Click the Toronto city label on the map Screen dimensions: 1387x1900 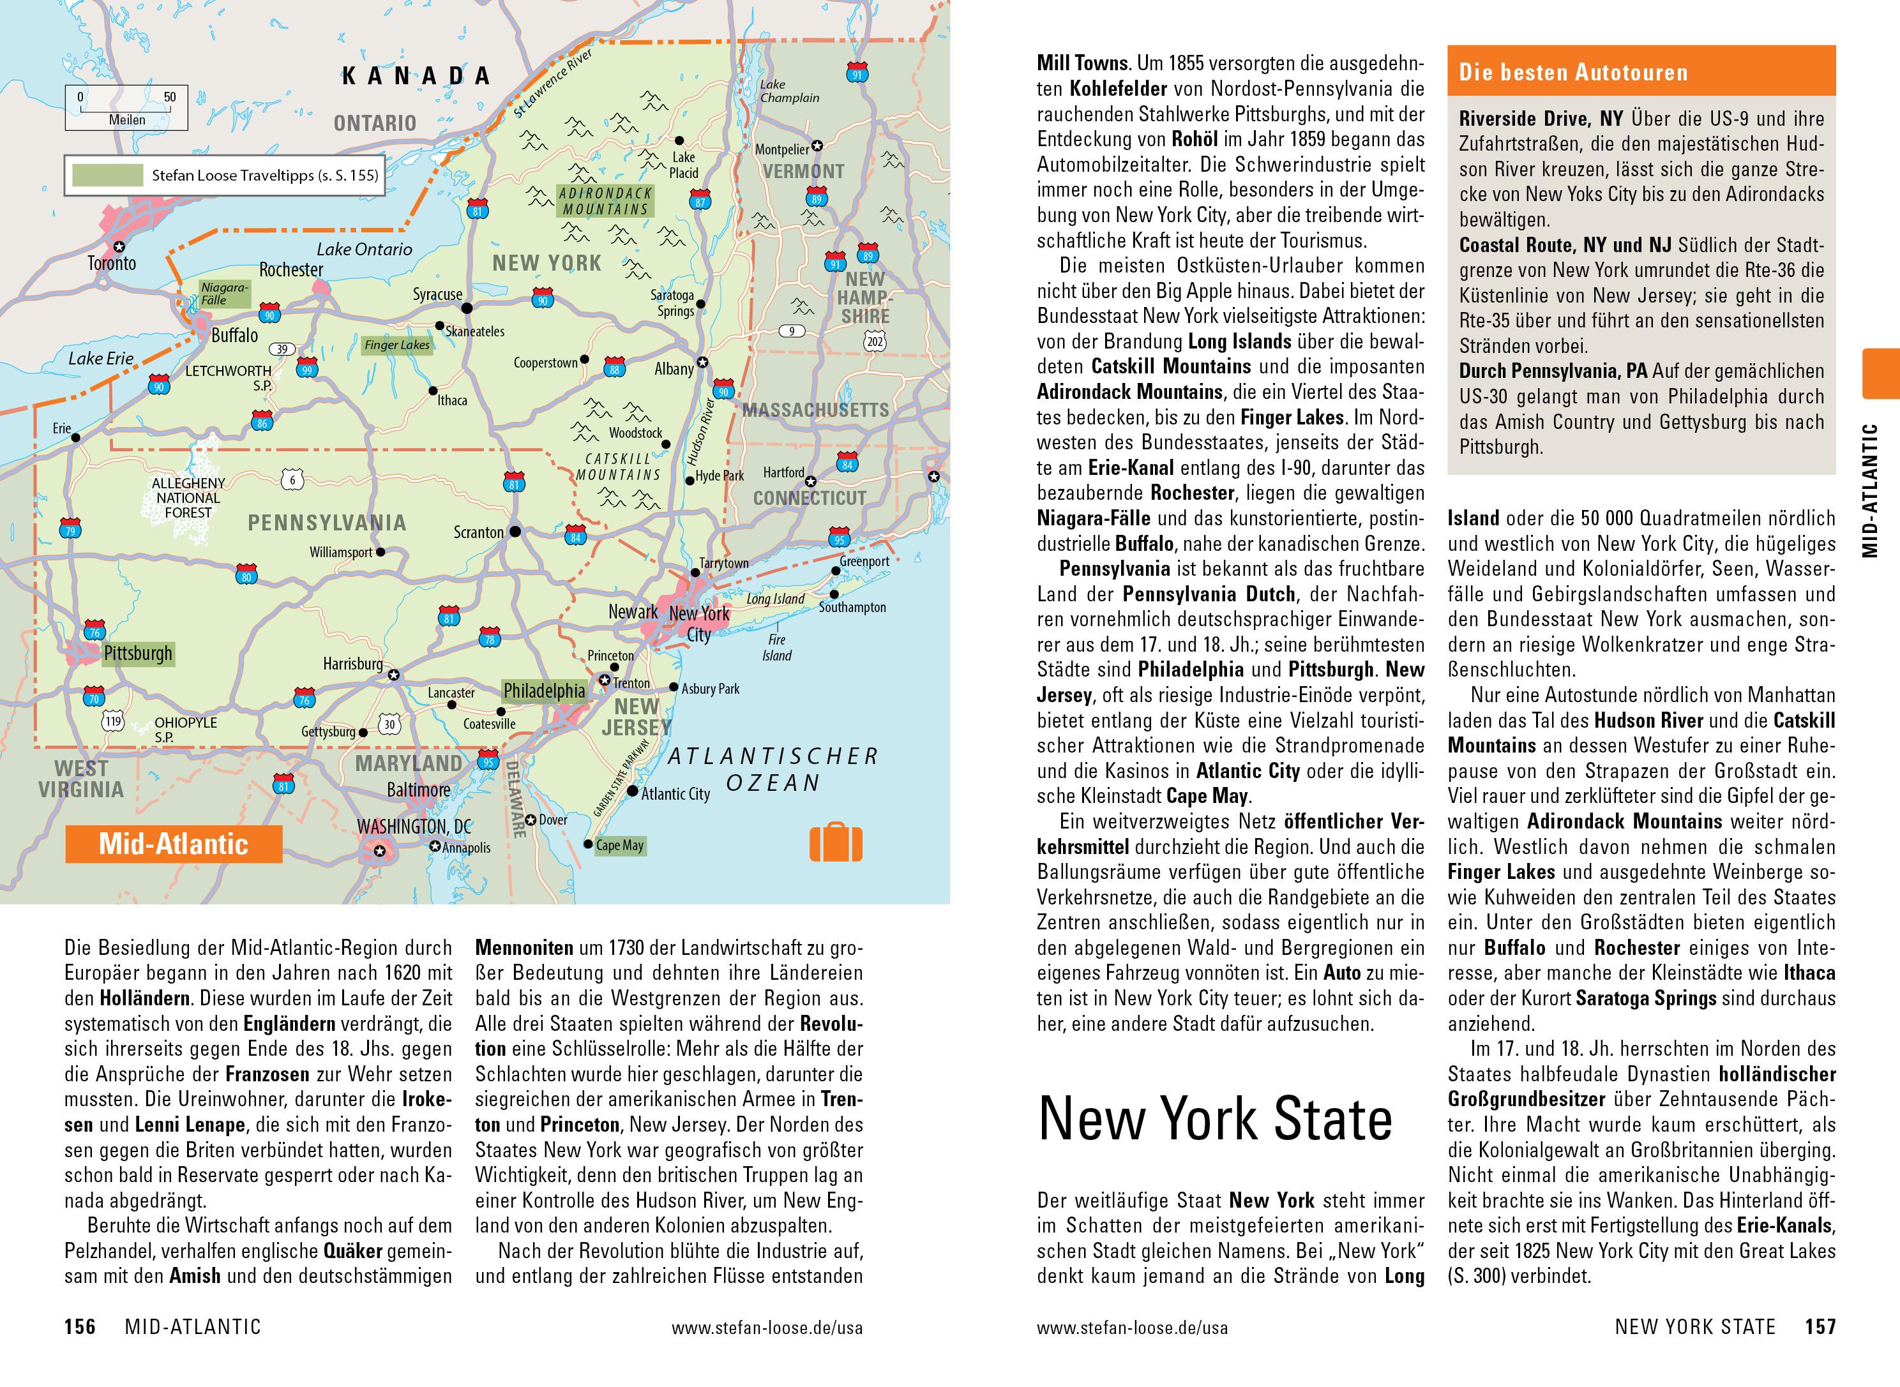tap(112, 264)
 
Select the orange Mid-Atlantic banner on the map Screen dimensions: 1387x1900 tap(174, 844)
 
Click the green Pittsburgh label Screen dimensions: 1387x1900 tap(138, 653)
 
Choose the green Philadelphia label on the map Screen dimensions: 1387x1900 tap(544, 691)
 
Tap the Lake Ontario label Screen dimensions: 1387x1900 tap(365, 250)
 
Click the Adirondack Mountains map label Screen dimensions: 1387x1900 tap(605, 202)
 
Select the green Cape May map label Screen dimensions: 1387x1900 tap(620, 846)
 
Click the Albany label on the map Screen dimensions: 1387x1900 tap(674, 368)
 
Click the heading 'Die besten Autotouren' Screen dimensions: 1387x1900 tap(1572, 72)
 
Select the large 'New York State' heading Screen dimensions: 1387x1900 tap(1215, 1119)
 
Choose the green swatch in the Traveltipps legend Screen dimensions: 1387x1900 tap(107, 176)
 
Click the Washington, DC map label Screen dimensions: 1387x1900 tap(414, 827)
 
